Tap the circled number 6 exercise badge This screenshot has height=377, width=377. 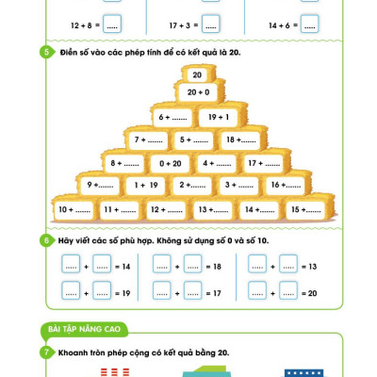[x=47, y=240]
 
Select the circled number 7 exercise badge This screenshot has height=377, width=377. [x=47, y=352]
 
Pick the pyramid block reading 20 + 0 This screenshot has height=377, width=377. [x=198, y=92]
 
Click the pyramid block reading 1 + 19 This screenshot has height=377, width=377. [x=146, y=185]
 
